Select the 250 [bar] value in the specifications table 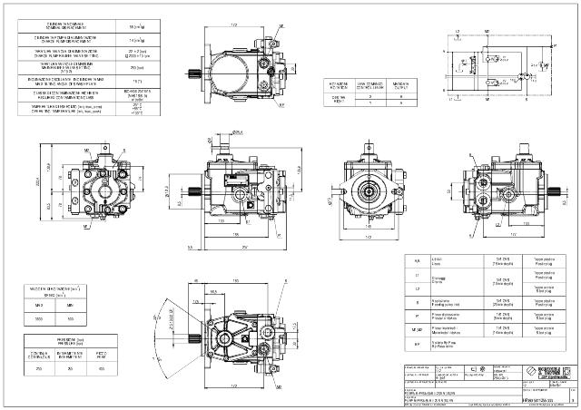tap(135, 66)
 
